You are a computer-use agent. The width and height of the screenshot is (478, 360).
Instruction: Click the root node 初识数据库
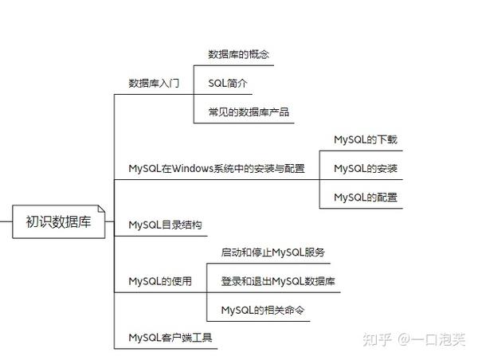[58, 222]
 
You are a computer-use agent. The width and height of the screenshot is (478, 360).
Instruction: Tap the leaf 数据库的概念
[239, 55]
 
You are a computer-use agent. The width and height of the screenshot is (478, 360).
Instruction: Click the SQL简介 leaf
[229, 84]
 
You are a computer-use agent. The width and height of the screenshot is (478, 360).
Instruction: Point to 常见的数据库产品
[249, 112]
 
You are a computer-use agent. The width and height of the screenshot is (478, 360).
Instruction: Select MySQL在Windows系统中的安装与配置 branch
[217, 169]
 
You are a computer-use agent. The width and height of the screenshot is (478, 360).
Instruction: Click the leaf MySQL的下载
[366, 140]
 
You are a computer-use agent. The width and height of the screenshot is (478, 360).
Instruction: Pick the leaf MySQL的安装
[366, 169]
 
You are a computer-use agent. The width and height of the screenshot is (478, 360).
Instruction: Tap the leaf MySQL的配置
[366, 198]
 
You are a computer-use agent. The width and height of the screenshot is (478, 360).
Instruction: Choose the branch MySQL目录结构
[165, 225]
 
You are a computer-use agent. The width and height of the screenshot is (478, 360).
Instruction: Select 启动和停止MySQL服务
[273, 252]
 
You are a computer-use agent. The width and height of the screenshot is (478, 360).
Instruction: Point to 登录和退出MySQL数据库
[278, 281]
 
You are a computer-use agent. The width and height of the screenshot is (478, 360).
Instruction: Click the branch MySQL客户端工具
[170, 338]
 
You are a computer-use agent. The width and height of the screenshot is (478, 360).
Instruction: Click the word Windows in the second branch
[192, 169]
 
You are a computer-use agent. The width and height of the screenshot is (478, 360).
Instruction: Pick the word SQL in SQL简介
[217, 84]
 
